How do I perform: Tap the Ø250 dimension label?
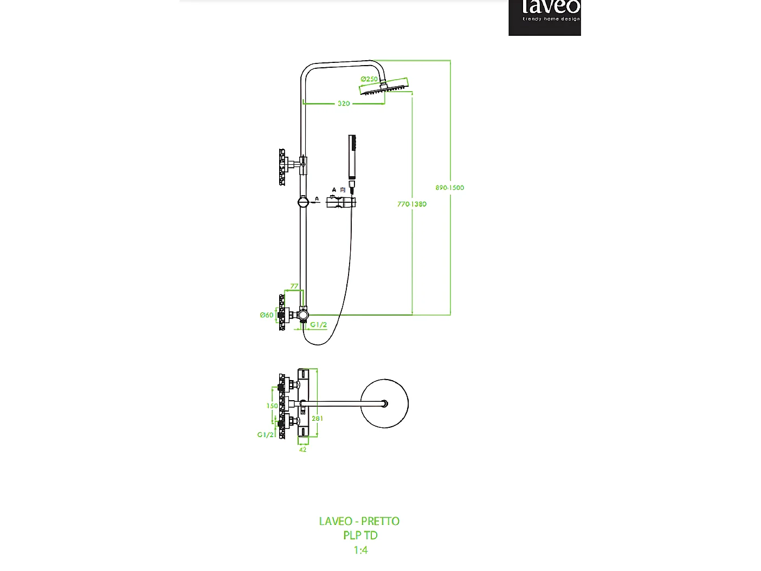tap(369, 79)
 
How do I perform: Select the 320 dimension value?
tap(344, 104)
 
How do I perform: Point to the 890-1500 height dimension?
tap(449, 188)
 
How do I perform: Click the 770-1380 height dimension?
tap(411, 204)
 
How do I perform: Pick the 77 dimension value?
tap(294, 286)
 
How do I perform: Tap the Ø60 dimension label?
tap(266, 315)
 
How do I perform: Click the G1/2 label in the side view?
tap(318, 325)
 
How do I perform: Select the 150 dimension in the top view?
tap(272, 406)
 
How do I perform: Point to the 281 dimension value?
tap(317, 419)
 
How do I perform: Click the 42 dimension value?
tap(302, 450)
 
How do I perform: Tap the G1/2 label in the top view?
tap(265, 435)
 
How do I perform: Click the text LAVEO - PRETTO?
tap(359, 521)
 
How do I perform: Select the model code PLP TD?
tap(360, 535)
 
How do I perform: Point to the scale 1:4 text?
tap(360, 550)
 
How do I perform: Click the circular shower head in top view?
tap(384, 403)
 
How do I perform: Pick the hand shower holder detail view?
tap(341, 202)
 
